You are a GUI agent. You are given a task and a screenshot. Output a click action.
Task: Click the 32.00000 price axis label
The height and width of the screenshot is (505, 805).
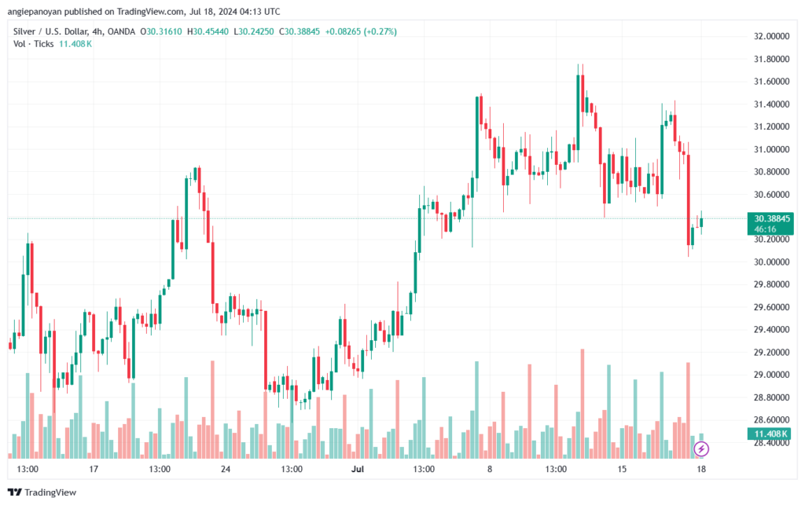[x=771, y=36]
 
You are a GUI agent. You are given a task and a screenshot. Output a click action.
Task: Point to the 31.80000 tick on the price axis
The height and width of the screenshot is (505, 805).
[x=771, y=59]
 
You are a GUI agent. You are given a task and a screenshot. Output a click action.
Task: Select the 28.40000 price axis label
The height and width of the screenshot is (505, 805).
[x=771, y=443]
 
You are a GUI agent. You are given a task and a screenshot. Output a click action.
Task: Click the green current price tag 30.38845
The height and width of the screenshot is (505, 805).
[x=771, y=218]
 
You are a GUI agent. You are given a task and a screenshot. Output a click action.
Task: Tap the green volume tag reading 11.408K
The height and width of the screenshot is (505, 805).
[x=771, y=434]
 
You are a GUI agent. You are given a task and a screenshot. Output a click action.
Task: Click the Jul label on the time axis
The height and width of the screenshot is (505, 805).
[x=358, y=469]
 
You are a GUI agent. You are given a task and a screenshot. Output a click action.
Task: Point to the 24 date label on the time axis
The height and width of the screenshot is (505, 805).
[x=226, y=469]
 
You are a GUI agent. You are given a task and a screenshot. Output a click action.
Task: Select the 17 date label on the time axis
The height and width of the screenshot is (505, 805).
[x=94, y=469]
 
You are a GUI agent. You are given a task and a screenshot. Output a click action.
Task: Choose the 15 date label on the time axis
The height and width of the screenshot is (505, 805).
[x=622, y=469]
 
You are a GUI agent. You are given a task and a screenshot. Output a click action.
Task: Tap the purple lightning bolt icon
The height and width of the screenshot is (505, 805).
[x=702, y=449]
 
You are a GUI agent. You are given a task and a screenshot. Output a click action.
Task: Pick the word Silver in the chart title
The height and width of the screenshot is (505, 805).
[x=26, y=31]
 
